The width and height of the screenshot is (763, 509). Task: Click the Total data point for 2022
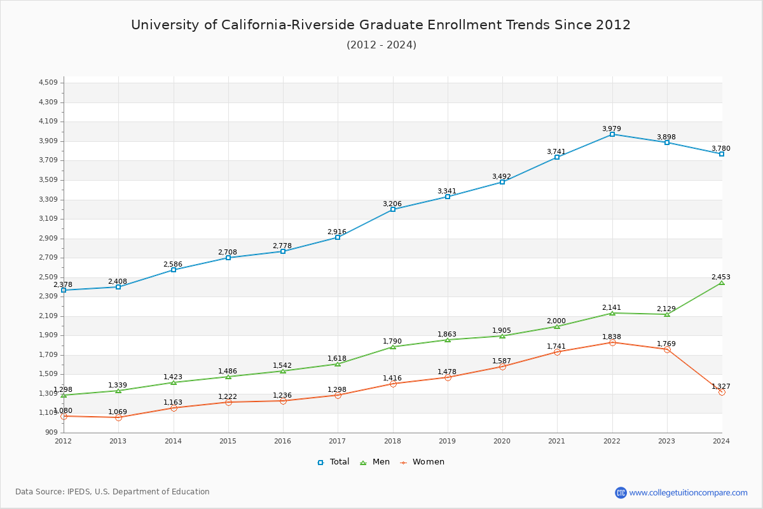coord(612,134)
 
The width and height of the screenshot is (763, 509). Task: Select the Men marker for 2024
coord(722,282)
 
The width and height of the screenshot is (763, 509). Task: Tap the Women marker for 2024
coord(722,392)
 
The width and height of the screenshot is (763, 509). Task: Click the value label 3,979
coord(612,129)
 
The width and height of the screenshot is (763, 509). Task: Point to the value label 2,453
coord(721,277)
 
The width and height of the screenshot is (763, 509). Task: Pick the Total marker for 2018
coord(393,209)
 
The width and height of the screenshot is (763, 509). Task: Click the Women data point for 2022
coord(612,342)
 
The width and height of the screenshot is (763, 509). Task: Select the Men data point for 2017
coord(338,364)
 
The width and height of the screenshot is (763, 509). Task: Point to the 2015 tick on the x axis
coord(228,440)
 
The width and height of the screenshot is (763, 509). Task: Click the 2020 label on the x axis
coord(502,440)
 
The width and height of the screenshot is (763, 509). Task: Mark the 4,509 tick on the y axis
coord(48,83)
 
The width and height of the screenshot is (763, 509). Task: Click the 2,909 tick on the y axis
coord(48,239)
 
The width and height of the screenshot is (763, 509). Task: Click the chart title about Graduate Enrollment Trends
coord(381,25)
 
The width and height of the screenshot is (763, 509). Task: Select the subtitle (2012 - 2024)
coord(381,45)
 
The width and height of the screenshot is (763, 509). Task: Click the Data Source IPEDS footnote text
coord(113,492)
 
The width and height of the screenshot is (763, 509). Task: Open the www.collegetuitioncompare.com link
coord(688,492)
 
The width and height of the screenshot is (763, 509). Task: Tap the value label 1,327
coord(721,386)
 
